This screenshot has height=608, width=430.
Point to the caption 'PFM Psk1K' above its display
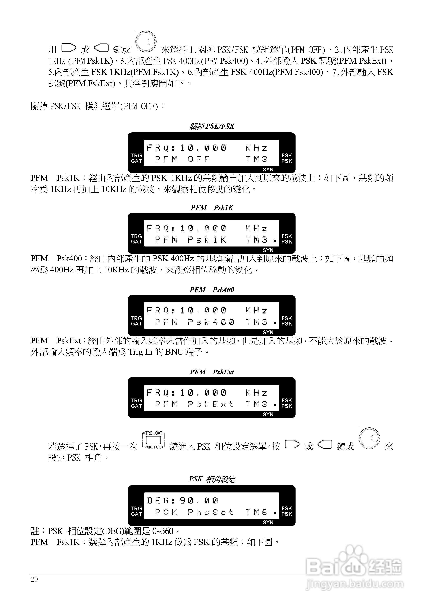tap(212, 208)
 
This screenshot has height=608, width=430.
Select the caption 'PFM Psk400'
tap(212, 290)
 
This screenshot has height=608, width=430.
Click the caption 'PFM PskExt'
tap(212, 372)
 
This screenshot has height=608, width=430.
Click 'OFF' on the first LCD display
tap(199, 159)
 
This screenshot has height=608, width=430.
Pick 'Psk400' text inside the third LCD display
tap(211, 322)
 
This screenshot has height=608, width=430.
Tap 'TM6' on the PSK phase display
tap(256, 512)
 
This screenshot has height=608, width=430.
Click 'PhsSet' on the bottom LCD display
tap(210, 512)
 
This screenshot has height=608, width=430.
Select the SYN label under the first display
tap(268, 170)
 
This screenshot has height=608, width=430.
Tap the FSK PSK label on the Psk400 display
tap(287, 321)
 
